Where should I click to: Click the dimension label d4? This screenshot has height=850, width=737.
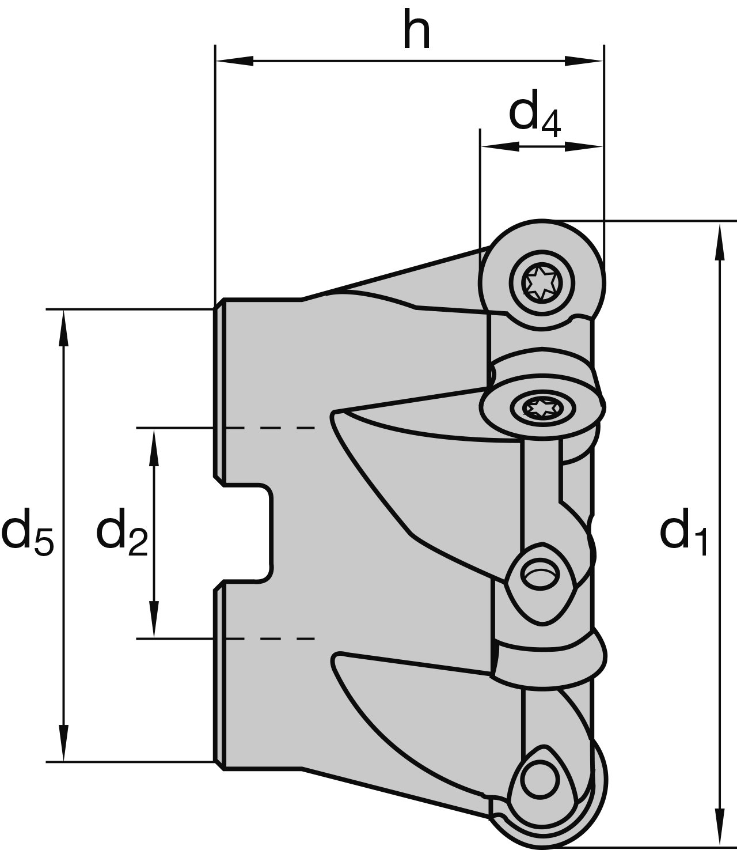[x=534, y=116]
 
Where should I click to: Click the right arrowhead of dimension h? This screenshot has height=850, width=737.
[x=584, y=61]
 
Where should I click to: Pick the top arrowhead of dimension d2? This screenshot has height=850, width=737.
[x=154, y=447]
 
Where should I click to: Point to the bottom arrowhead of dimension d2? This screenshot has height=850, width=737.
[x=154, y=619]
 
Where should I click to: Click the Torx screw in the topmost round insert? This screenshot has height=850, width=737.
[x=542, y=281]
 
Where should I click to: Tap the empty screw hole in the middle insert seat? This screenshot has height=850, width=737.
[x=540, y=574]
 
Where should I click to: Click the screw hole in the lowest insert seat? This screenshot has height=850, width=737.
[x=540, y=779]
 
